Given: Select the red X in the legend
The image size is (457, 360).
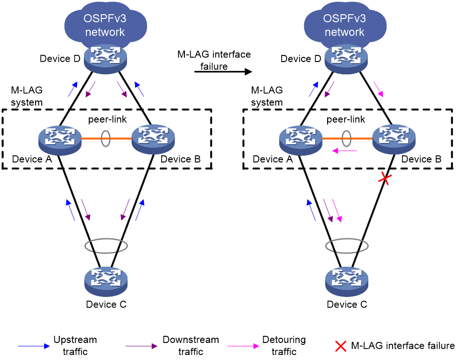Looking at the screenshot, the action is click(x=341, y=346).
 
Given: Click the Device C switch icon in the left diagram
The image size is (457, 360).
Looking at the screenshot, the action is click(x=106, y=281).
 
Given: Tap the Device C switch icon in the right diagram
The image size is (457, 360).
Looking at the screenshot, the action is click(x=347, y=281).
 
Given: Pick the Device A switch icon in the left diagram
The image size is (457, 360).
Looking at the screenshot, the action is click(x=60, y=140).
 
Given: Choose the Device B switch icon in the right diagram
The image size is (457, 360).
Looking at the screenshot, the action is click(x=394, y=139).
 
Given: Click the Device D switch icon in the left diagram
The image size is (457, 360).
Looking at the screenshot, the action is click(x=106, y=59).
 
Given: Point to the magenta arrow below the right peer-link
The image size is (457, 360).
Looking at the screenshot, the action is click(x=345, y=151).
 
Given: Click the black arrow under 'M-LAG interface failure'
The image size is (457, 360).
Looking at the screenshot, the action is click(x=223, y=72).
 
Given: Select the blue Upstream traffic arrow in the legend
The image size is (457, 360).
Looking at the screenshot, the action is click(x=34, y=346).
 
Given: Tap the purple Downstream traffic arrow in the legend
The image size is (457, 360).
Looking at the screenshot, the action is click(x=141, y=346).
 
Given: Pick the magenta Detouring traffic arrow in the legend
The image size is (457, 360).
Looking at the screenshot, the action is click(x=243, y=346).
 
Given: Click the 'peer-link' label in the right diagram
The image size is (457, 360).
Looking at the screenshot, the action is click(x=346, y=119).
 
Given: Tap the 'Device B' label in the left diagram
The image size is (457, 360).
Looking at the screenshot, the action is click(x=181, y=159).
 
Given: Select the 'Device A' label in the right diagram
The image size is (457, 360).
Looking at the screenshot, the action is click(x=273, y=159).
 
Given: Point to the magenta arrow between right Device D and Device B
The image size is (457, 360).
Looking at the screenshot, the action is click(x=378, y=89).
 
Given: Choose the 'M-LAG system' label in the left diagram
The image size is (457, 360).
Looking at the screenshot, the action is click(x=27, y=96).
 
